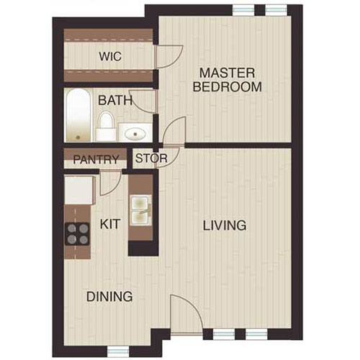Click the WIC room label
click(109, 55)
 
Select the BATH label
click(115, 100)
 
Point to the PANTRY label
click(95, 159)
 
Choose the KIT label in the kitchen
click(110, 225)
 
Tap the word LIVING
click(224, 225)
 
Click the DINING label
click(109, 296)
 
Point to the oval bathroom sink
click(134, 132)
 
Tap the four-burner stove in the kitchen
click(77, 233)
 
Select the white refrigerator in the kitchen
click(77, 190)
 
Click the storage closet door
click(164, 159)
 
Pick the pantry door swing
click(108, 183)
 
